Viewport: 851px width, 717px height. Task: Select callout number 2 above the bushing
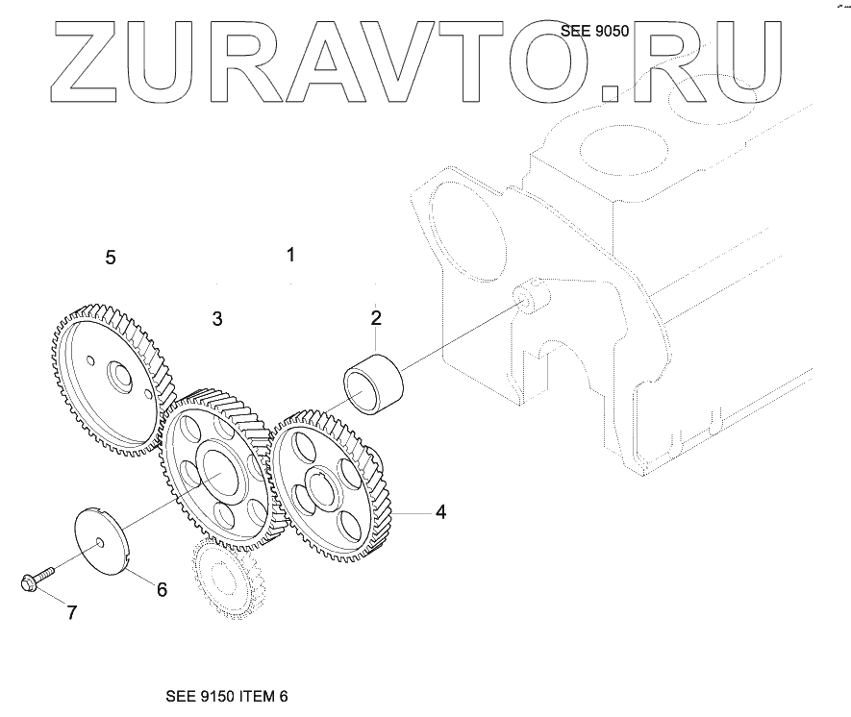pyautogui.click(x=376, y=317)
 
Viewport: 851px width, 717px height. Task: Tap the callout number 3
pyautogui.click(x=217, y=318)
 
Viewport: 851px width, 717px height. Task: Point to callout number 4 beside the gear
pyautogui.click(x=440, y=512)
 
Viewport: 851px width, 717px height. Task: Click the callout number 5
pyautogui.click(x=111, y=258)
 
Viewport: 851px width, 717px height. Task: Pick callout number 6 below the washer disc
pyautogui.click(x=162, y=589)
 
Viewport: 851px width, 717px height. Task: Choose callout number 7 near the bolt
pyautogui.click(x=70, y=612)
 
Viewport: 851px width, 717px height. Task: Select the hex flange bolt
pyautogui.click(x=34, y=579)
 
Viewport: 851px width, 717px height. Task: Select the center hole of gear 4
pyautogui.click(x=322, y=484)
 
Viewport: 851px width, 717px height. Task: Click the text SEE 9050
pyautogui.click(x=594, y=31)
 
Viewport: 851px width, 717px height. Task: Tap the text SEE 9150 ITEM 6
pyautogui.click(x=227, y=697)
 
